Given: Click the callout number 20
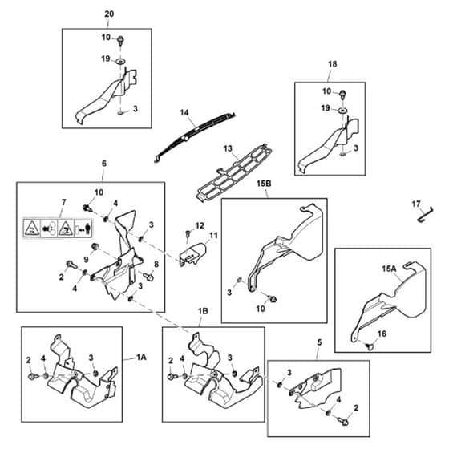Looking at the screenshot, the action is (x=109, y=14).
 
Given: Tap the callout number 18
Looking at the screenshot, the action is (x=332, y=64).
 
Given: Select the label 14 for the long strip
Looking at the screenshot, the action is (x=184, y=112).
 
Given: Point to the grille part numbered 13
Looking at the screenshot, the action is (x=234, y=172).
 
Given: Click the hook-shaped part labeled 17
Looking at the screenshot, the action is (x=426, y=215).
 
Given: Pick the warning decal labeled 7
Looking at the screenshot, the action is (x=58, y=228).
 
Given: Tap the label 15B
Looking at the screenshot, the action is (x=264, y=184).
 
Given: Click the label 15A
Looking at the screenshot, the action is (x=389, y=269).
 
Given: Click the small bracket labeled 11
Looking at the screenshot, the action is (x=192, y=253).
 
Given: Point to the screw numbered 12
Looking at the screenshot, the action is (x=188, y=234).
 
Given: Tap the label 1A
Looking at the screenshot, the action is (x=141, y=358).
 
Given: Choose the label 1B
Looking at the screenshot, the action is (x=203, y=311).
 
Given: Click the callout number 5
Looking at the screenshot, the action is (x=320, y=342).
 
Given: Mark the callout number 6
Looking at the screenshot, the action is (x=104, y=164).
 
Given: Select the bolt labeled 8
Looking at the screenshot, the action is (x=149, y=277).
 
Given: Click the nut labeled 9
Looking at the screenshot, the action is (x=95, y=247).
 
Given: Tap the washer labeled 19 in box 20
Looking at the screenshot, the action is (x=121, y=61).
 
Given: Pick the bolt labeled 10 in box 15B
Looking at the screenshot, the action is (x=273, y=300).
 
